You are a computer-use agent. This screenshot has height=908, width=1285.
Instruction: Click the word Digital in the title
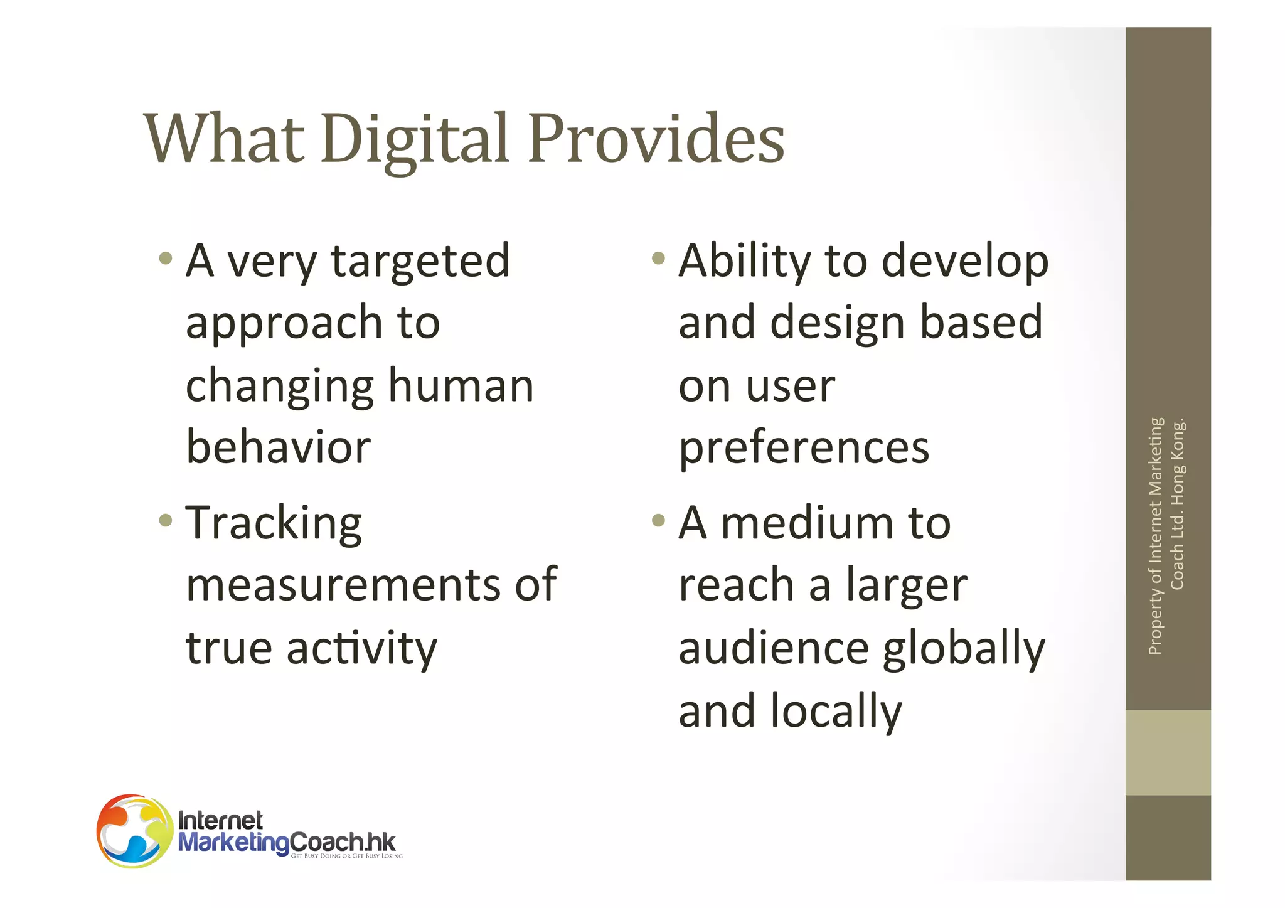[414, 139]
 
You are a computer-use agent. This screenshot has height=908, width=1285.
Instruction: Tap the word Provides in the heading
[656, 139]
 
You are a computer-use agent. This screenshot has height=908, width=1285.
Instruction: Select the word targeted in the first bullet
[420, 261]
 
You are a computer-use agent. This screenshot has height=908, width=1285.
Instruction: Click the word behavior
[279, 447]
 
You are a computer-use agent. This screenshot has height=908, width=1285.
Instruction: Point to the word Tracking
[274, 523]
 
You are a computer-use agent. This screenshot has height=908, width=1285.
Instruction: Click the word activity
[361, 649]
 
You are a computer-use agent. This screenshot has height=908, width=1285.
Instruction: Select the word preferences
[804, 449]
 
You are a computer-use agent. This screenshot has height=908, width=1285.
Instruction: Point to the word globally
[964, 649]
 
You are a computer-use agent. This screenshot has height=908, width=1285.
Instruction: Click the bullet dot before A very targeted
[166, 258]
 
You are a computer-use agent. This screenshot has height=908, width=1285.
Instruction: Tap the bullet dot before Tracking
[166, 520]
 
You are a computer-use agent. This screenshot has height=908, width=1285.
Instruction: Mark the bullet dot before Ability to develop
[658, 258]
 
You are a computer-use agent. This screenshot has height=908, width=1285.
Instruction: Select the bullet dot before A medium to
[658, 520]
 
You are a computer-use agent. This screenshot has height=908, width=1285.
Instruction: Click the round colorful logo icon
[134, 831]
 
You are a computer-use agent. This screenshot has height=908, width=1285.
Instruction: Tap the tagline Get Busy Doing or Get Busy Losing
[346, 856]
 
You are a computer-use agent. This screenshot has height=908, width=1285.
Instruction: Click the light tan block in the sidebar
[1168, 752]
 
